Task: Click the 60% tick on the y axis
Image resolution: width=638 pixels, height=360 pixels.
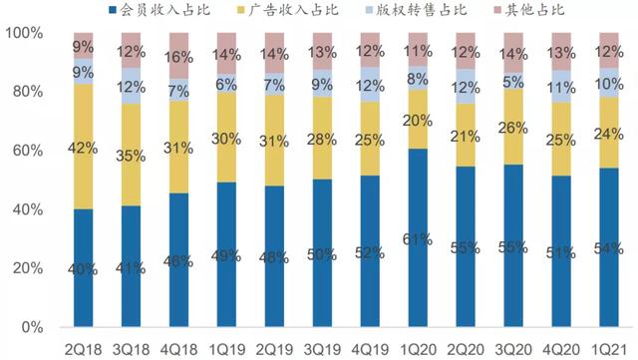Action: click(x=25, y=151)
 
